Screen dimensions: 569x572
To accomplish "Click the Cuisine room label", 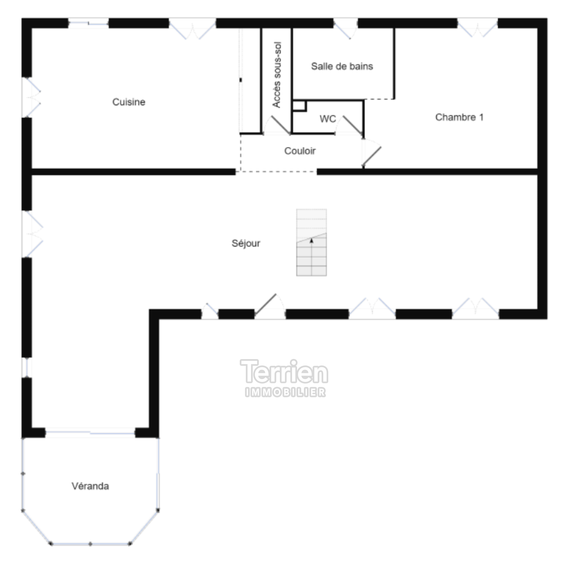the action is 129,102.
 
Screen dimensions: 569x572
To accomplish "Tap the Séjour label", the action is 246,243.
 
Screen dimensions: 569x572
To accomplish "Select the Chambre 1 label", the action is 459,117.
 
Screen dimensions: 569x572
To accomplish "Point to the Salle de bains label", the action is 342,66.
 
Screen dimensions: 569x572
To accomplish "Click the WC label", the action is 328,119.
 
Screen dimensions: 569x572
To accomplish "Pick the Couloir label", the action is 300,151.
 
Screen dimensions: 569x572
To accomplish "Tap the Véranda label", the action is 90,486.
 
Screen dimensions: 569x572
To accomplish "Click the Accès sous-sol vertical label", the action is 277,75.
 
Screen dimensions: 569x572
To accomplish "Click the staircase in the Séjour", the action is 312,242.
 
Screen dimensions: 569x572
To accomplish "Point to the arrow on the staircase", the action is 312,241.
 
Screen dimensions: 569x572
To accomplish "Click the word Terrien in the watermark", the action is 284,372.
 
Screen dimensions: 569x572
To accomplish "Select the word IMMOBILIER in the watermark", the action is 285,392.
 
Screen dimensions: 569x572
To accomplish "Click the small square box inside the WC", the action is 299,106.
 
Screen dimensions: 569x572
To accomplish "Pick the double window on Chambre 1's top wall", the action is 477,27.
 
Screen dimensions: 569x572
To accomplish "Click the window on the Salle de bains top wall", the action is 346,28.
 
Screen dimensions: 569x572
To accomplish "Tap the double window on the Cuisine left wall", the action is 31,97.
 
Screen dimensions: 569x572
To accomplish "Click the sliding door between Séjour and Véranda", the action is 90,432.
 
